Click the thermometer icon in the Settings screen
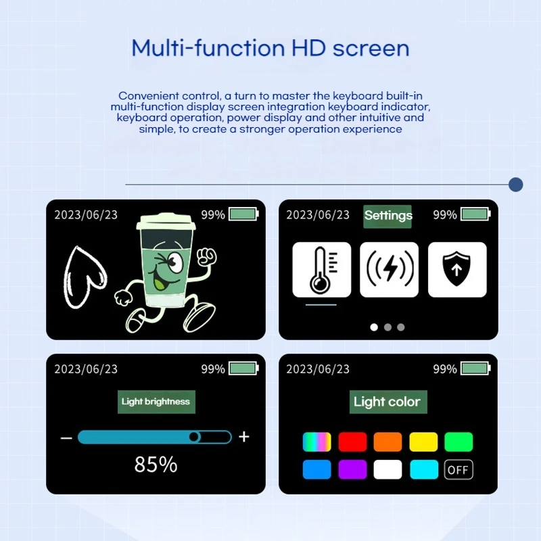tap(322, 269)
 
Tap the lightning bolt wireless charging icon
tap(390, 269)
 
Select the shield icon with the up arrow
tap(457, 269)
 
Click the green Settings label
tap(387, 216)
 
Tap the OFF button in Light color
tap(458, 469)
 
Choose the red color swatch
tap(352, 442)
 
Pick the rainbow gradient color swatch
tap(316, 442)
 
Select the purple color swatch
tap(352, 469)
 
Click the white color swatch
tap(387, 469)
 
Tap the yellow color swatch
tap(424, 442)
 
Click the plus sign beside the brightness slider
tap(244, 437)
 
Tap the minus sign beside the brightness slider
tap(66, 438)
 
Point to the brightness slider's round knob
tap(194, 437)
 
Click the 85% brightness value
tap(156, 465)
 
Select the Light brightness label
tap(156, 402)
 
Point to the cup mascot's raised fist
tap(206, 257)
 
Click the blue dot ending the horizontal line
tap(516, 185)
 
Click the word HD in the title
tap(308, 48)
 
